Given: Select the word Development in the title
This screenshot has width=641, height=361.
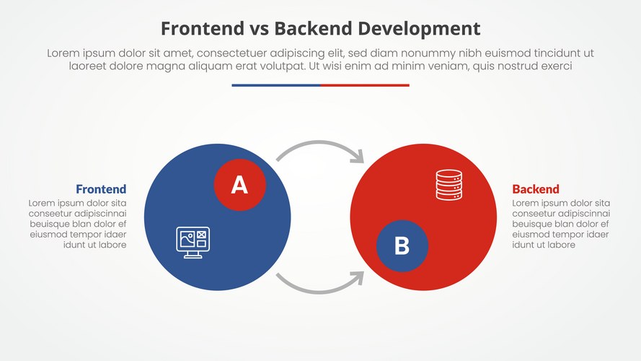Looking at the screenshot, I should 419,29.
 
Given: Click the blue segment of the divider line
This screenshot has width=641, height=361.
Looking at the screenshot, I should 275,85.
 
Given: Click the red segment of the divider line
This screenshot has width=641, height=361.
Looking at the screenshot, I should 365,85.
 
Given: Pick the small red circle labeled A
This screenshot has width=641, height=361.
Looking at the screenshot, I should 239,186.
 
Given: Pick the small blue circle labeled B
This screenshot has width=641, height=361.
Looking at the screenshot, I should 402,246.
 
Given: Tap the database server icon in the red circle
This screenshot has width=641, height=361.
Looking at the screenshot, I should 448,185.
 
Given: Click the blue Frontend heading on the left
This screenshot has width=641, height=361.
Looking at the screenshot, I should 101,190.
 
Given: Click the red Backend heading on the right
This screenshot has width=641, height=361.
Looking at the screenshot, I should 536,190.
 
